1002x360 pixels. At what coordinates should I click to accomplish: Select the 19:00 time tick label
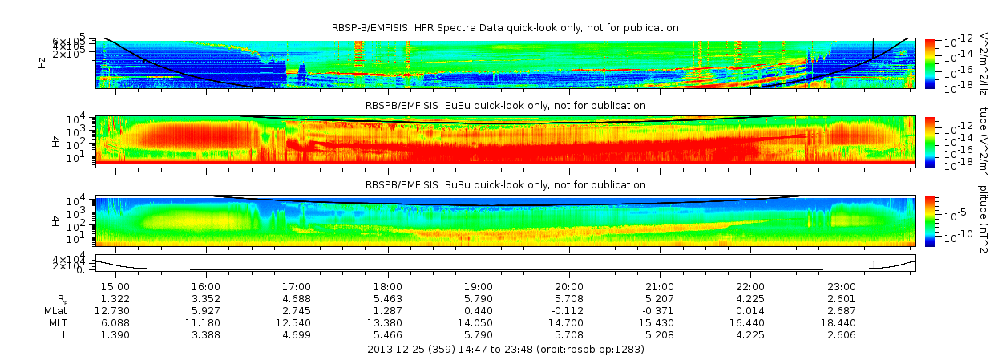pyautogui.click(x=479, y=287)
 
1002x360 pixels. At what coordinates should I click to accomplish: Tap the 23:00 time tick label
pyautogui.click(x=842, y=287)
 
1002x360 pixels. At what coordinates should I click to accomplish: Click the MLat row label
pyautogui.click(x=56, y=310)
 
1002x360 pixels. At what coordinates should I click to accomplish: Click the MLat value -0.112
pyautogui.click(x=569, y=310)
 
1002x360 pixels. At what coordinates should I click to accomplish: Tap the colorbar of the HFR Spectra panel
pyautogui.click(x=930, y=63)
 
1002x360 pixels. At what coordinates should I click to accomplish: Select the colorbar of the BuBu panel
pyautogui.click(x=930, y=220)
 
